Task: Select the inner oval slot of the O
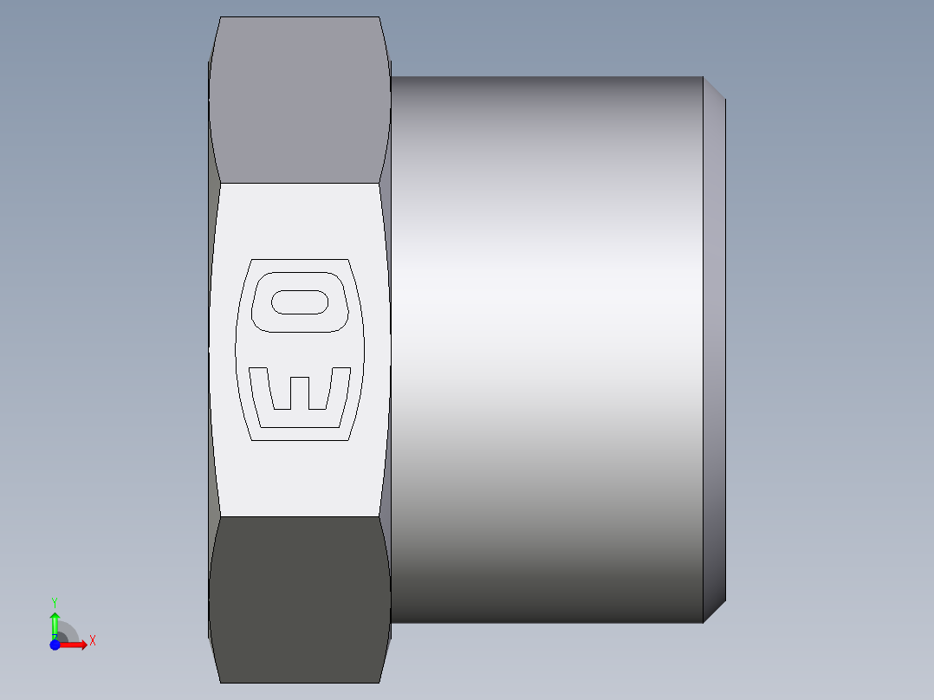(x=300, y=301)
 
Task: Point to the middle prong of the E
(x=300, y=392)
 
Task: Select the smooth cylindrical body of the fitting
(x=546, y=347)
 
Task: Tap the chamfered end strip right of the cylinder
(x=714, y=347)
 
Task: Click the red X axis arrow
(x=76, y=644)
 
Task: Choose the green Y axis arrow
(x=55, y=622)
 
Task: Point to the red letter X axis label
(x=93, y=641)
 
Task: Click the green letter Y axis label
(x=55, y=601)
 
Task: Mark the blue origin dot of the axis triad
(x=55, y=644)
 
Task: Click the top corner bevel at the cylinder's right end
(x=714, y=88)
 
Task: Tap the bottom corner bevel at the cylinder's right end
(x=714, y=611)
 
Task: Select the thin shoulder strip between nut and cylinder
(x=388, y=347)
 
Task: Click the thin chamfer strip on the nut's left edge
(x=211, y=347)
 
